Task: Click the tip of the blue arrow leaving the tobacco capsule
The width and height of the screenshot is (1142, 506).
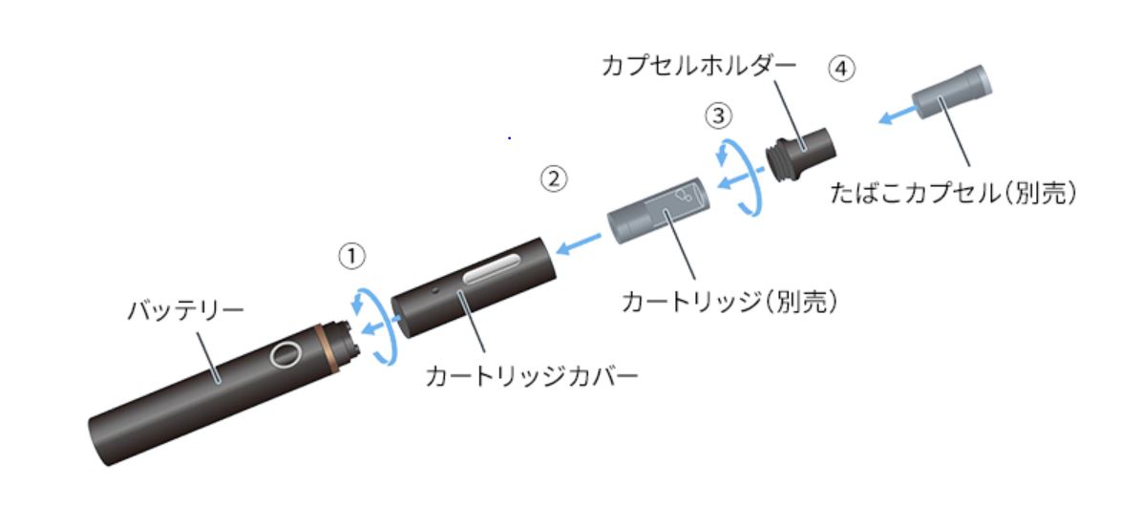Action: tap(878, 121)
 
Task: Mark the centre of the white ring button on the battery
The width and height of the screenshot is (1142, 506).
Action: tap(285, 354)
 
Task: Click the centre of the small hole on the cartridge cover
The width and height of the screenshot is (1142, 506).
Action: tap(434, 290)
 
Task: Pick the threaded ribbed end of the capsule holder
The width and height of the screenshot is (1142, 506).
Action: tap(778, 161)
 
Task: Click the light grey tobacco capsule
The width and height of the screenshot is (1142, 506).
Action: tap(952, 94)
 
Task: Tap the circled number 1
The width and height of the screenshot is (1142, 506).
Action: tap(351, 256)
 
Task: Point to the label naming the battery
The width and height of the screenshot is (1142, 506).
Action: tap(186, 311)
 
